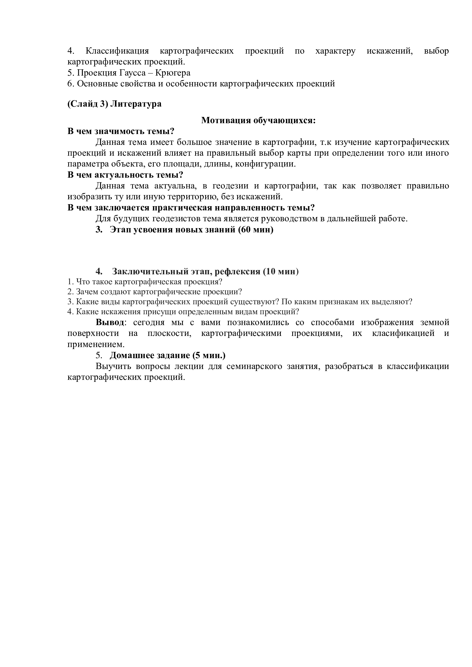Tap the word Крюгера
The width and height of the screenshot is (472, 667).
(x=173, y=73)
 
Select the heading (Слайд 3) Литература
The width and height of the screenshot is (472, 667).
(x=114, y=104)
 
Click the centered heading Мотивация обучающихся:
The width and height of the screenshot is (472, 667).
(x=258, y=120)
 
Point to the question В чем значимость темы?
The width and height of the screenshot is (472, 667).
(x=121, y=131)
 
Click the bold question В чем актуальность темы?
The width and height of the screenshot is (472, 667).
(x=125, y=175)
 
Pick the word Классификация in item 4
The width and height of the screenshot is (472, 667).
(x=117, y=51)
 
